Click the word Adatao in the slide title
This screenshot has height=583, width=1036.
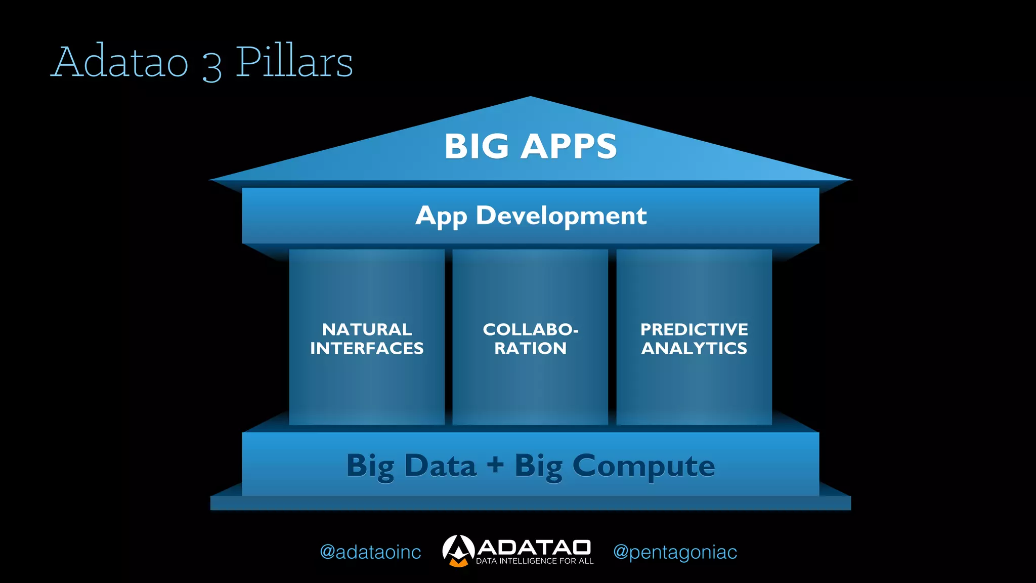coord(120,62)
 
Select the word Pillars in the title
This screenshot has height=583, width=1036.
coord(294,62)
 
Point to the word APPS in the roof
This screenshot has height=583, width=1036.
coord(569,147)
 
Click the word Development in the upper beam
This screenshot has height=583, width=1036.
coord(561,216)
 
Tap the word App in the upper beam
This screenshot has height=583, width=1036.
coord(441,217)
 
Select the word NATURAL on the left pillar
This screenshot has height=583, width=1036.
coord(367,329)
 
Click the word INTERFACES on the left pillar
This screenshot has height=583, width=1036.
coord(367,348)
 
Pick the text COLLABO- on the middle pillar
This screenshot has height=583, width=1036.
coord(531,329)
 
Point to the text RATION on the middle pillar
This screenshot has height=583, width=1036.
coord(531,348)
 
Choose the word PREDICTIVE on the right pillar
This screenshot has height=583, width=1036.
coord(694,329)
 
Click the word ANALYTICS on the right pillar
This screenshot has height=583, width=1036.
coord(694,348)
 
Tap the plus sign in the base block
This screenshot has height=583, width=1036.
coord(496,465)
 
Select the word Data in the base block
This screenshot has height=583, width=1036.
coord(440,466)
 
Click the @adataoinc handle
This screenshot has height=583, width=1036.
coord(370,552)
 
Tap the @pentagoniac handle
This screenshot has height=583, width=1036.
coord(675,552)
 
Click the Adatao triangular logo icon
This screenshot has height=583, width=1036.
coord(458,551)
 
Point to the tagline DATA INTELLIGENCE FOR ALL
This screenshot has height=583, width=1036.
coord(535,561)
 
